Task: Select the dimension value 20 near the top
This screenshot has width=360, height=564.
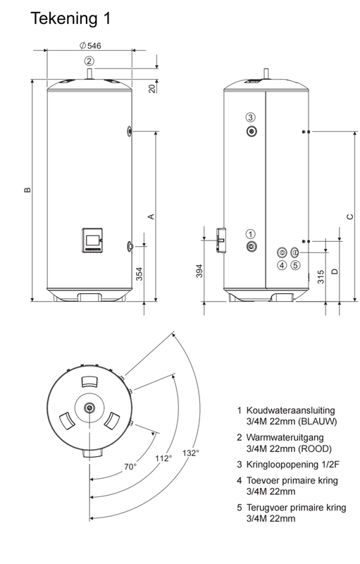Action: (152, 88)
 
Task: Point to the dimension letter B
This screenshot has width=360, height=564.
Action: (25, 190)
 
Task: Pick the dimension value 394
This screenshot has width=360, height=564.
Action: (199, 271)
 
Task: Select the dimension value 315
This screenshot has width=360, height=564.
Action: (321, 276)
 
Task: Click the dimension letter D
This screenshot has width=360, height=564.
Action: (335, 271)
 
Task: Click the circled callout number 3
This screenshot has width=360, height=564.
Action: (250, 117)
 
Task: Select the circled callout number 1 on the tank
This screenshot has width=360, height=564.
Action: (250, 233)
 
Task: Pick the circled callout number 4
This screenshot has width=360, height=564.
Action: (281, 266)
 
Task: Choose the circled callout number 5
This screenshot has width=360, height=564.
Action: (295, 266)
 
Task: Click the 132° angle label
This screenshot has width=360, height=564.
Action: (190, 453)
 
